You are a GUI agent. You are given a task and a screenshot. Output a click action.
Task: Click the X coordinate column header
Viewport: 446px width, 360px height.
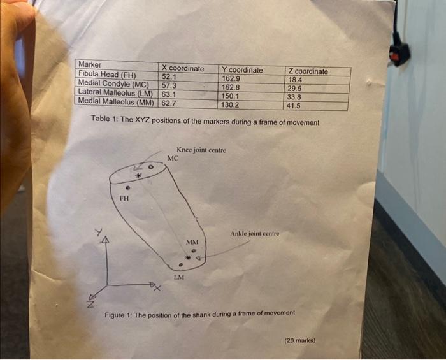point(183,68)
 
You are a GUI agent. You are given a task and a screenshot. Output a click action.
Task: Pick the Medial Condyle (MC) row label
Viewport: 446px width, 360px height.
point(113,83)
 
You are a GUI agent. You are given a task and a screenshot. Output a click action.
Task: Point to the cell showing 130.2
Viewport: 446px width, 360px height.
point(229,104)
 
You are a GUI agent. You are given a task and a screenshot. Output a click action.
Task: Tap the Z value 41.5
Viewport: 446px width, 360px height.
point(293,106)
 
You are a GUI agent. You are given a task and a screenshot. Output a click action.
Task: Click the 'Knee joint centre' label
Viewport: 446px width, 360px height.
point(201,150)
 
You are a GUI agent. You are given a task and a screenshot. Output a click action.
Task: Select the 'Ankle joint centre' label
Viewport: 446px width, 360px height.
point(255,234)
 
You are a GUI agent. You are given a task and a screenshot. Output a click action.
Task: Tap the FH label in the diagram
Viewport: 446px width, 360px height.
point(125,199)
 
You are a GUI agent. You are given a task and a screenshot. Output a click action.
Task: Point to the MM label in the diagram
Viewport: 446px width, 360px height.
point(192,242)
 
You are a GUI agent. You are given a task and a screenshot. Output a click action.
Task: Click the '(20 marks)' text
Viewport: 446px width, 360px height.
point(299,340)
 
